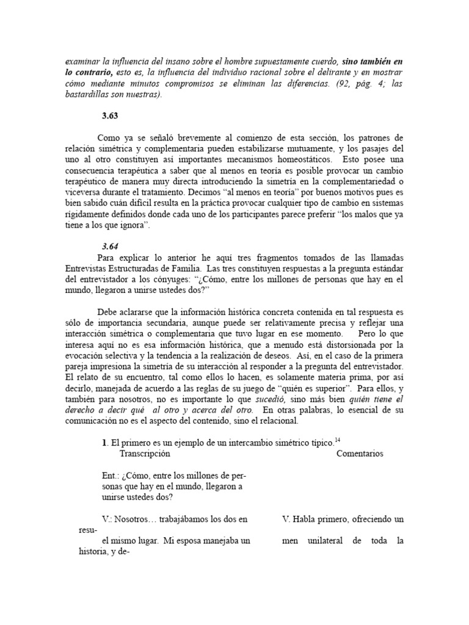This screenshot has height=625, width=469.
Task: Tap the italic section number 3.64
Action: click(x=111, y=246)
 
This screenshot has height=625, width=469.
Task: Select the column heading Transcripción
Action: click(x=145, y=453)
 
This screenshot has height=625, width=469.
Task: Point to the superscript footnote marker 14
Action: click(x=337, y=439)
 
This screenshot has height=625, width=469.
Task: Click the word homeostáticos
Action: click(x=298, y=159)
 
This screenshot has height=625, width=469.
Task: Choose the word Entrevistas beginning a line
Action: click(x=89, y=268)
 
